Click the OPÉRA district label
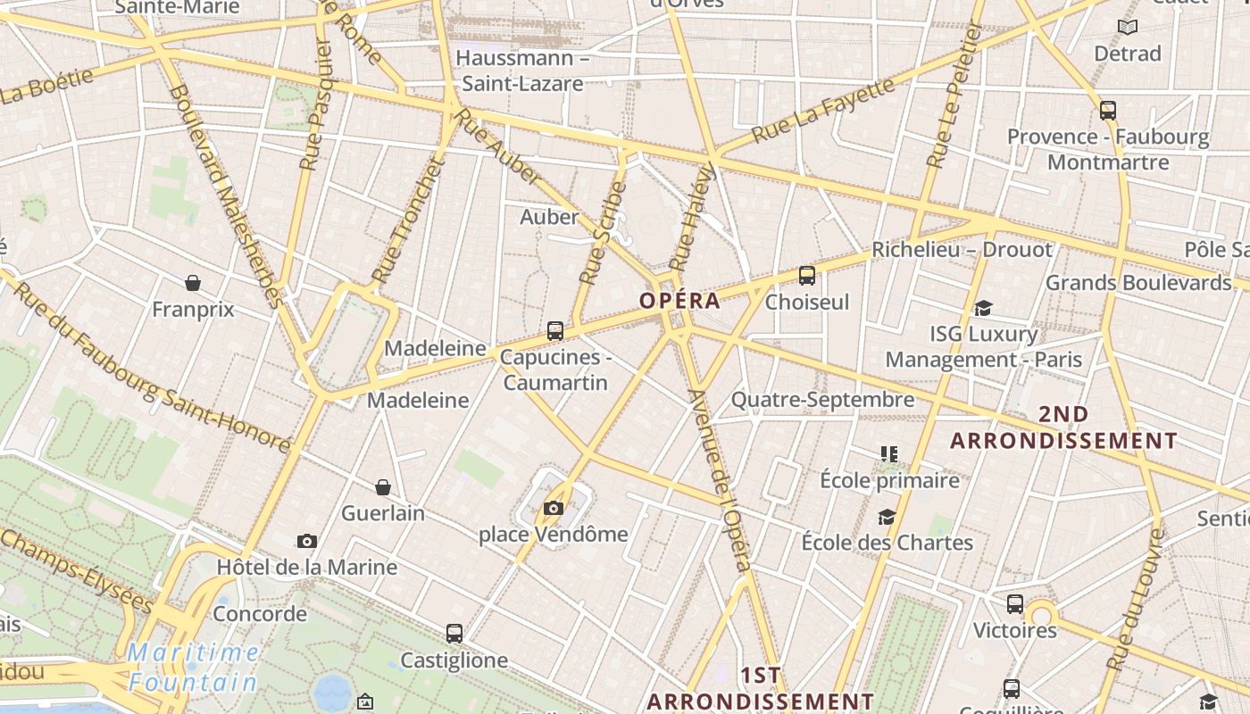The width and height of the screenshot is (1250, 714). click(x=679, y=301)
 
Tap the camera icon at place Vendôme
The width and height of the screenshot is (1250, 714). click(x=554, y=509)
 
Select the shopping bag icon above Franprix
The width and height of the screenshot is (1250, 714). click(x=193, y=283)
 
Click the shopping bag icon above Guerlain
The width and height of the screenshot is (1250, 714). click(x=383, y=487)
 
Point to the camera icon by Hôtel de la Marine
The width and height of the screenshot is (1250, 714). click(x=306, y=541)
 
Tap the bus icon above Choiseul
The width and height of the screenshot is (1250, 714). click(x=807, y=276)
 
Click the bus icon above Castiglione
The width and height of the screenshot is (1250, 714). click(x=454, y=634)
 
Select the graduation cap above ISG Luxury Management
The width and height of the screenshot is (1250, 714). click(x=983, y=308)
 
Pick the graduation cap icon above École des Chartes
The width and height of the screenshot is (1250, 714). click(x=887, y=517)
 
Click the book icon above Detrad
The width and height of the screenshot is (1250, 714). click(x=1128, y=28)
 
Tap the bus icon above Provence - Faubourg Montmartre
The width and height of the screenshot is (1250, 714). click(x=1108, y=111)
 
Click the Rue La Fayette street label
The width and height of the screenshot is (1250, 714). click(x=822, y=111)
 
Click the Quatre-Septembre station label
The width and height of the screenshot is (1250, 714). click(x=822, y=400)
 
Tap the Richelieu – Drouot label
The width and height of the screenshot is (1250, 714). click(x=962, y=250)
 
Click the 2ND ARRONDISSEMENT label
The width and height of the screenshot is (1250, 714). click(x=1063, y=428)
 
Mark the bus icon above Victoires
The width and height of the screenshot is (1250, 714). click(x=1015, y=604)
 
